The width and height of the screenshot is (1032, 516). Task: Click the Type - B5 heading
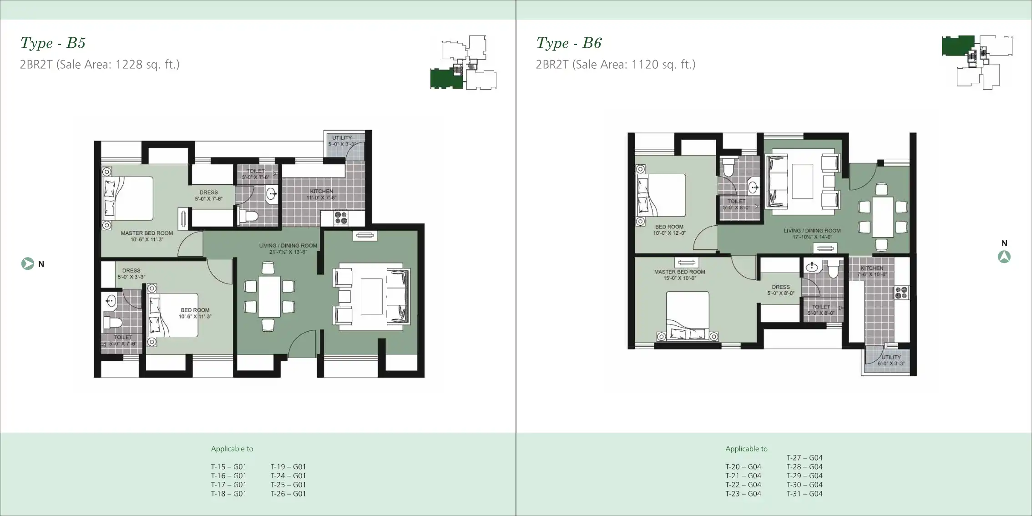point(53,43)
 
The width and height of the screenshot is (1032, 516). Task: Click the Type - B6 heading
point(569,43)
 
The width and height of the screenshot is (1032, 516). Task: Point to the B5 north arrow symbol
point(27,263)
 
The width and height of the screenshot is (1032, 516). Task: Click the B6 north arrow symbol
point(1004,257)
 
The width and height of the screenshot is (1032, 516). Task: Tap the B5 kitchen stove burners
point(341,218)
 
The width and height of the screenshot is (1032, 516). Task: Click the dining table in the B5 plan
point(269,296)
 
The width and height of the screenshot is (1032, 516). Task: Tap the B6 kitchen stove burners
point(901,293)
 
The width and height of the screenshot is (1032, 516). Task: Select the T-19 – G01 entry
point(288,466)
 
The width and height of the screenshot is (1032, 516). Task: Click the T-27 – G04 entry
point(804,458)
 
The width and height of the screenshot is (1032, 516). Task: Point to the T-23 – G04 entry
point(743,494)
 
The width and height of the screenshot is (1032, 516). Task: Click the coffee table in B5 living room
point(371,296)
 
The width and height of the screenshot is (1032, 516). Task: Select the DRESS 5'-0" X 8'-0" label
point(780,290)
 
